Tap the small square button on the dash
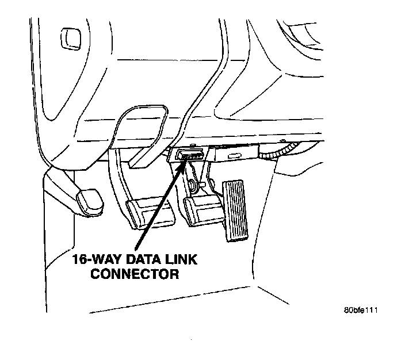pyautogui.click(x=68, y=40)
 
